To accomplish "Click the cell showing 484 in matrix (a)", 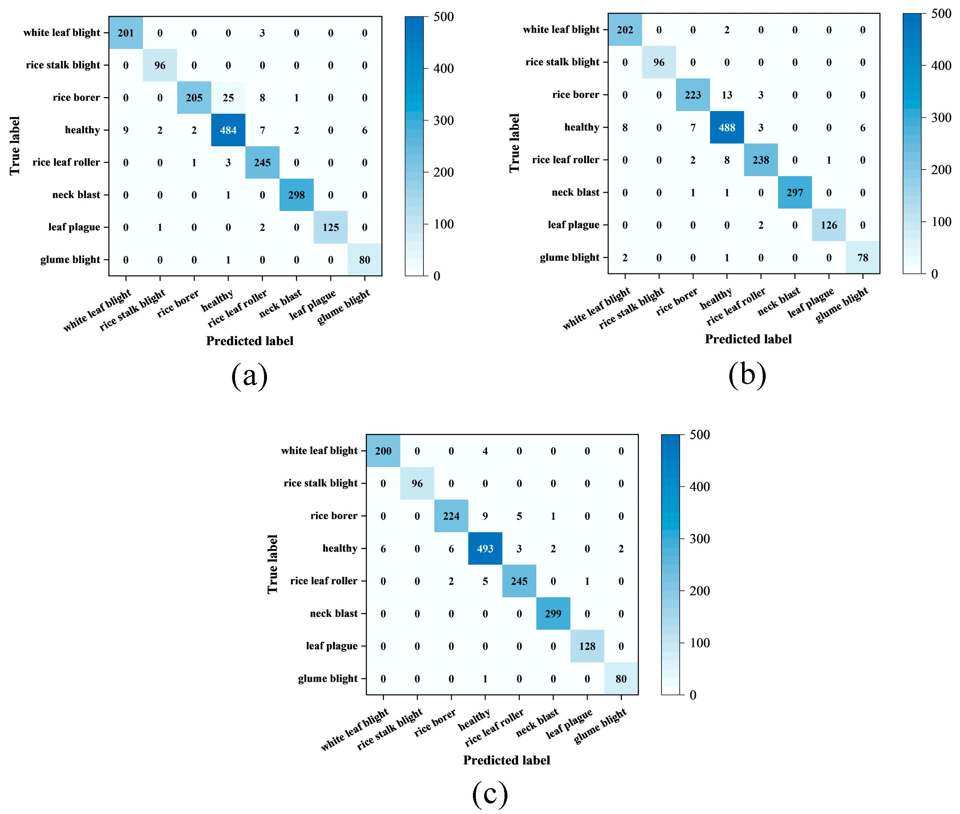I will click(228, 130).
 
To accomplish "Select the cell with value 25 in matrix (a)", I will click(228, 98).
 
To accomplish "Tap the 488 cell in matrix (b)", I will click(726, 127).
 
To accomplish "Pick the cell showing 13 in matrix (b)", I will click(726, 95).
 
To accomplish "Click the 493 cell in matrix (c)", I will click(485, 549).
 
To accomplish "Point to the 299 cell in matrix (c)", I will click(553, 614).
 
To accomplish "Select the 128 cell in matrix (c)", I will click(587, 646).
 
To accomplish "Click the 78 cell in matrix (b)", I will click(863, 257).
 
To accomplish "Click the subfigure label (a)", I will click(249, 376).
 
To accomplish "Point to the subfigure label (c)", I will click(490, 794).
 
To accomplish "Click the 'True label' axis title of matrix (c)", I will click(272, 564).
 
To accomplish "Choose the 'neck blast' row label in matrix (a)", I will click(76, 195).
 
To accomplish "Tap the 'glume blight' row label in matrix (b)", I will click(569, 257).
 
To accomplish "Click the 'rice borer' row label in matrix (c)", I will click(334, 516).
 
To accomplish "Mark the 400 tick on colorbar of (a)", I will click(443, 69).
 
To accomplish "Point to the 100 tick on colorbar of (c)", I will click(699, 643).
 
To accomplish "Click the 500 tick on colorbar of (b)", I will click(941, 14).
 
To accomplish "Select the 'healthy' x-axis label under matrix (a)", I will click(217, 301).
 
